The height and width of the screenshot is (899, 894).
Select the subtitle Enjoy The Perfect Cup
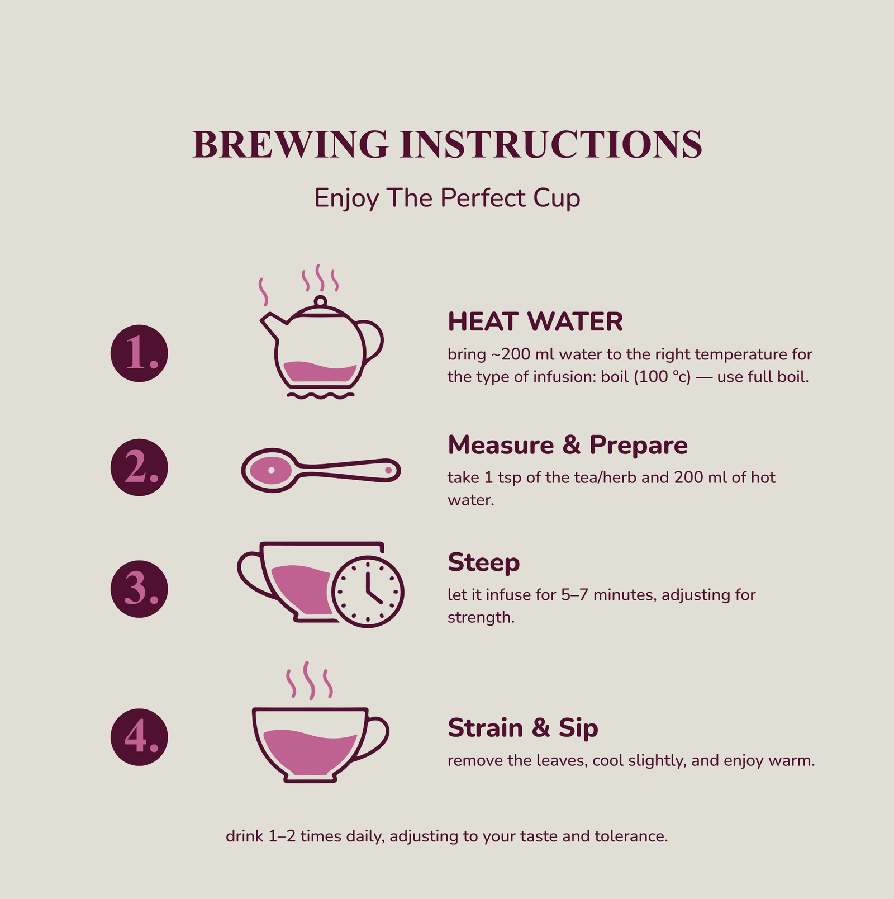(447, 198)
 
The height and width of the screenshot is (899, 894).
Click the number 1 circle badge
(139, 353)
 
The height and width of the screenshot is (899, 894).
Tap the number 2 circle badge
(139, 467)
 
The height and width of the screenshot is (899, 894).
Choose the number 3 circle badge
(139, 589)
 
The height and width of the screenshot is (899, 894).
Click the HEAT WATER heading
(535, 322)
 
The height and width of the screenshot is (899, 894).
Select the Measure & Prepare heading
(567, 445)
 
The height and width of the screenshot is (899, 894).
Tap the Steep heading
(483, 562)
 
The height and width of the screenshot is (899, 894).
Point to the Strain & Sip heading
(522, 728)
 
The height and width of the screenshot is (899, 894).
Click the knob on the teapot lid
(320, 301)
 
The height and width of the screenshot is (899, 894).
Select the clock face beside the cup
(368, 591)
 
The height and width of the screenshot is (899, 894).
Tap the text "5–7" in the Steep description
(574, 595)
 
